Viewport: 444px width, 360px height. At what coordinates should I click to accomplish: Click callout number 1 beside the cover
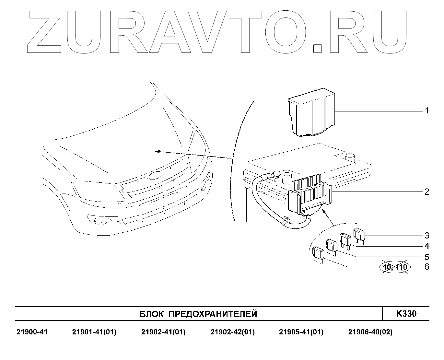coord(426,111)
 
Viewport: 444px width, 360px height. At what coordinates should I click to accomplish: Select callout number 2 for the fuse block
coord(426,192)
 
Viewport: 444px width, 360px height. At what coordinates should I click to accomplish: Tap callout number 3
coord(426,235)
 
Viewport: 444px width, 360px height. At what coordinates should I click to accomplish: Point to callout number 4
coord(426,246)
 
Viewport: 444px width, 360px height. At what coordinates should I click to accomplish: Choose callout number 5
coord(426,257)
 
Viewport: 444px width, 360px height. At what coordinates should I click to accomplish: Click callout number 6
coord(426,267)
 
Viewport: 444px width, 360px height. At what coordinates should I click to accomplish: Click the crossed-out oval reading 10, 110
coord(395,267)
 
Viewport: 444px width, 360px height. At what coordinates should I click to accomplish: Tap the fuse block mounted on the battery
coord(310,196)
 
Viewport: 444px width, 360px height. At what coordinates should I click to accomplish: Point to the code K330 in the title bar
coord(406,314)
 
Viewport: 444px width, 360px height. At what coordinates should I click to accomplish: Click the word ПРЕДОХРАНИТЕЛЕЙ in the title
coord(213,314)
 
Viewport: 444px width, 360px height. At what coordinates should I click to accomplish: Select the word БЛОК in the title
coord(152,314)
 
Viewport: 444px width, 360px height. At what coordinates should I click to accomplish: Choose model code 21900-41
coord(32,332)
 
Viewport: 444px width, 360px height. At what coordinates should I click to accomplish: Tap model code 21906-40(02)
coord(370,332)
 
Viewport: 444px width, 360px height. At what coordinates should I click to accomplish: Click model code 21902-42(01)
coord(232,332)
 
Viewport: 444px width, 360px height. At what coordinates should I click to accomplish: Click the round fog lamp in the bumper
coord(100,221)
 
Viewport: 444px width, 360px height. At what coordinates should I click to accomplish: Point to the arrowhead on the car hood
coord(157,151)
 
